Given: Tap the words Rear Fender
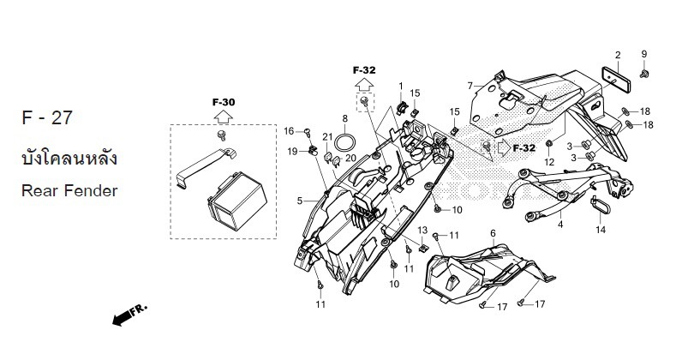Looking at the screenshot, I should tap(69, 189).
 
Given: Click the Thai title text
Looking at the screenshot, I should tap(68, 160).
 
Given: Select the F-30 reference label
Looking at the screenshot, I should tap(223, 102).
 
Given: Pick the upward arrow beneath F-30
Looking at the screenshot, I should tap(223, 117).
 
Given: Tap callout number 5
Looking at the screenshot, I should tap(300, 201).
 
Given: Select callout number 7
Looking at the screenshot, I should tap(470, 85).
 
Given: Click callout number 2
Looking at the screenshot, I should tap(616, 55).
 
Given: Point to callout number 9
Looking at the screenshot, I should tap(643, 55).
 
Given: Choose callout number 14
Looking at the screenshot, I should tap(601, 230).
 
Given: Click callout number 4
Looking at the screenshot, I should tap(559, 225).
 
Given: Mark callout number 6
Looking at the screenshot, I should tap(493, 233).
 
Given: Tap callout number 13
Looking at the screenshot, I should tap(422, 230).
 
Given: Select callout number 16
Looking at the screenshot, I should tap(290, 130).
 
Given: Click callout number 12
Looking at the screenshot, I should tap(549, 162).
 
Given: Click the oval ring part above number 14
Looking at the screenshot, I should tap(599, 206).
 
